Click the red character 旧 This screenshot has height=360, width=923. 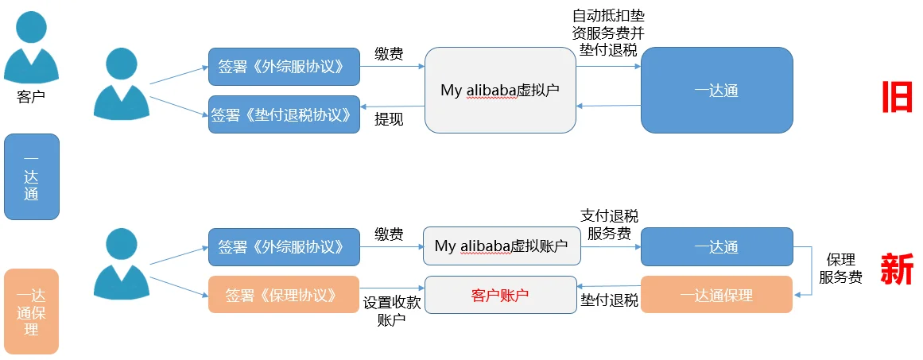click(897, 98)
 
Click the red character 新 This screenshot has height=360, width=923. click(896, 270)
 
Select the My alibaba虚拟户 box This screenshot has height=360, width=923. click(499, 90)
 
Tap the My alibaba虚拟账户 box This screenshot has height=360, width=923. click(501, 246)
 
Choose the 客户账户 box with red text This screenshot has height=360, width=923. click(500, 295)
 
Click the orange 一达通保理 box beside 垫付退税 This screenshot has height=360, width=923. click(716, 295)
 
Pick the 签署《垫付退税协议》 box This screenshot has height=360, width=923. click(284, 114)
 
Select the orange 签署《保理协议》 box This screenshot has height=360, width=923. click(284, 295)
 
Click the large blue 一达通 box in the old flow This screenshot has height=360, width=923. click(716, 90)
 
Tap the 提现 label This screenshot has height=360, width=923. click(389, 119)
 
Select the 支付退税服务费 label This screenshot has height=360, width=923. click(609, 225)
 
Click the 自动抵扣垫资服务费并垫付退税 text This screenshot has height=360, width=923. click(609, 33)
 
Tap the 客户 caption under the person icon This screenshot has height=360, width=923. click(30, 97)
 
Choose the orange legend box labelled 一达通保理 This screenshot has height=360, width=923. click(31, 312)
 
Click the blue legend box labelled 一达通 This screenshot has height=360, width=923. click(31, 176)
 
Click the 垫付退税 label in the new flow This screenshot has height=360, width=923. click(609, 300)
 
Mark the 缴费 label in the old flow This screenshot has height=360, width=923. click(389, 54)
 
